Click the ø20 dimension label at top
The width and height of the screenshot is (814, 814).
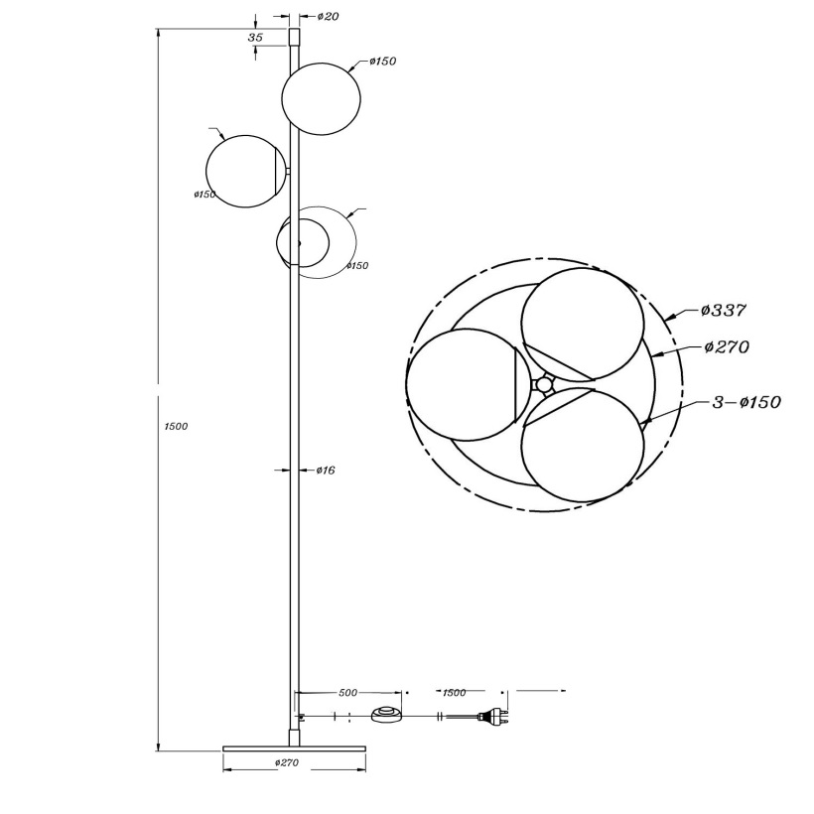(x=328, y=16)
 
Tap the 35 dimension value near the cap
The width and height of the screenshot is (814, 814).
(x=255, y=38)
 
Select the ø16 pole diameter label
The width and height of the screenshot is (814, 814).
(x=326, y=471)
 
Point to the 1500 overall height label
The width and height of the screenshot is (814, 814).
(x=176, y=426)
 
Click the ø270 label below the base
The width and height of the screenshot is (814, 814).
(x=287, y=762)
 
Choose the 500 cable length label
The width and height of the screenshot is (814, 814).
(x=347, y=693)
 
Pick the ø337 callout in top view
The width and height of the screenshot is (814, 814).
(x=723, y=311)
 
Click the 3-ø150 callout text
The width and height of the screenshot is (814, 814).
(x=746, y=402)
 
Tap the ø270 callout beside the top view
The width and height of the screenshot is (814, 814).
(x=727, y=346)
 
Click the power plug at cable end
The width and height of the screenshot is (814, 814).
(x=492, y=717)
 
